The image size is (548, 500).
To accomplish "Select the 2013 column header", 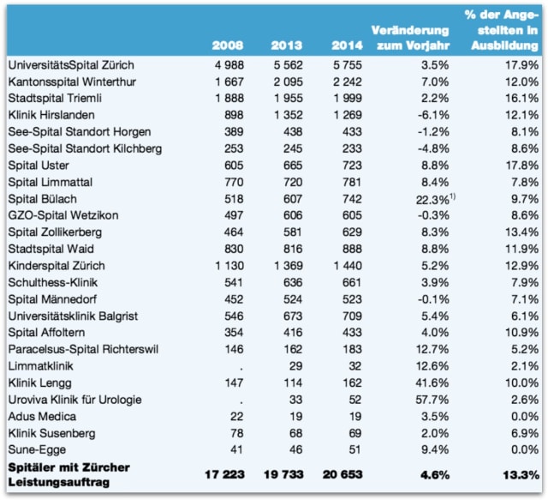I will point(286,44).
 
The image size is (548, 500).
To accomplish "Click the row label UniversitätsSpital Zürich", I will point(70,65).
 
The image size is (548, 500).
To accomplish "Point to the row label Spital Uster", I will point(39,165).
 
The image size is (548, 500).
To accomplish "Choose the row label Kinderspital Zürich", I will point(57,265).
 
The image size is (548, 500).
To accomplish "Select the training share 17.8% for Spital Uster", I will point(521,165).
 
